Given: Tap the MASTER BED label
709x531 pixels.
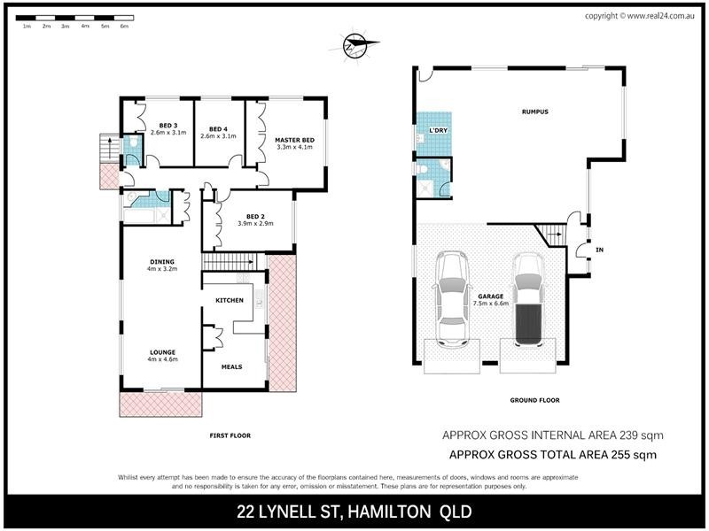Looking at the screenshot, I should click(x=295, y=140).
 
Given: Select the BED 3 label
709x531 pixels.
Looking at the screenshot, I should click(x=168, y=126).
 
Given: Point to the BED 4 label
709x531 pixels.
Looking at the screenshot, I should click(x=218, y=126).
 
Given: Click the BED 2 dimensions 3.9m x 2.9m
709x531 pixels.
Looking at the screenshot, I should click(x=255, y=223).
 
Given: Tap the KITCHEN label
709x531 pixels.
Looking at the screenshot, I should click(x=230, y=301).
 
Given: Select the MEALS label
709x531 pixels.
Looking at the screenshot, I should click(x=230, y=366).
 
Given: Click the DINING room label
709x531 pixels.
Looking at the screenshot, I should click(x=162, y=261).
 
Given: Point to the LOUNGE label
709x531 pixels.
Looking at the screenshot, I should click(x=162, y=351).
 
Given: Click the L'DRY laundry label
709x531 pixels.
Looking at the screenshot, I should click(x=438, y=131).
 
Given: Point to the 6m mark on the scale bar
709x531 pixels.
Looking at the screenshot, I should click(x=124, y=27).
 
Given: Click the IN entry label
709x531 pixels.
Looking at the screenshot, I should click(x=599, y=250).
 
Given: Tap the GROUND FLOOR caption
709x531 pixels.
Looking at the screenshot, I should click(x=534, y=401).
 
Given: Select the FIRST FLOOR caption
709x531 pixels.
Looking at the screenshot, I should click(x=229, y=435).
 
